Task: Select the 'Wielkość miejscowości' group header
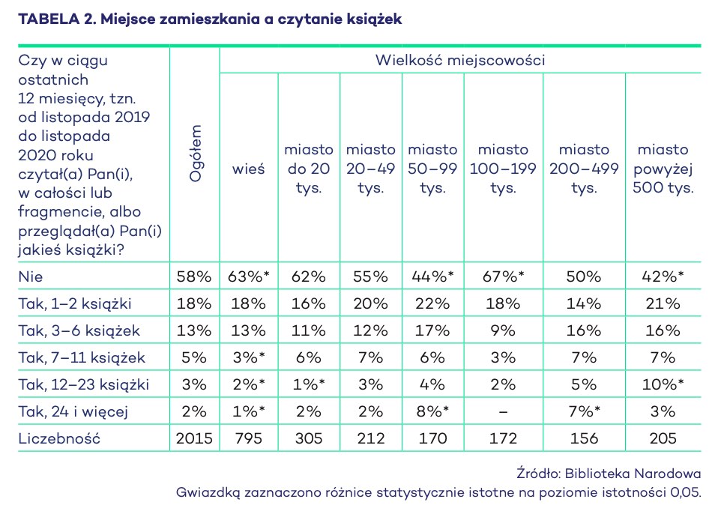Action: coord(459,60)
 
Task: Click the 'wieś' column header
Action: coord(248,169)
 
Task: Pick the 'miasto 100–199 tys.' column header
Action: coord(502,169)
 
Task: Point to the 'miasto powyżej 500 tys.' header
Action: coord(664,169)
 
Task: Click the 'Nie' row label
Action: coord(31,276)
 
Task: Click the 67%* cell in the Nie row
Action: coord(502,276)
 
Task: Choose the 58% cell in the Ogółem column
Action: coord(195,276)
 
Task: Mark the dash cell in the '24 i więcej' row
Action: coord(502,411)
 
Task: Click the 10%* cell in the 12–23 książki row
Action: coord(664,384)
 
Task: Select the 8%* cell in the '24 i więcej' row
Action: coord(432,411)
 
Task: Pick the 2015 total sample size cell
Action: coord(195,438)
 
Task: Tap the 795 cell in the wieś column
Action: coord(248,438)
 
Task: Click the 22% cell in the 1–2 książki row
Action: coord(432,303)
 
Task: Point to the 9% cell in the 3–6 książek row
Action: coord(502,330)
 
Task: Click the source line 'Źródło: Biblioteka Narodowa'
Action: coord(609,474)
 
